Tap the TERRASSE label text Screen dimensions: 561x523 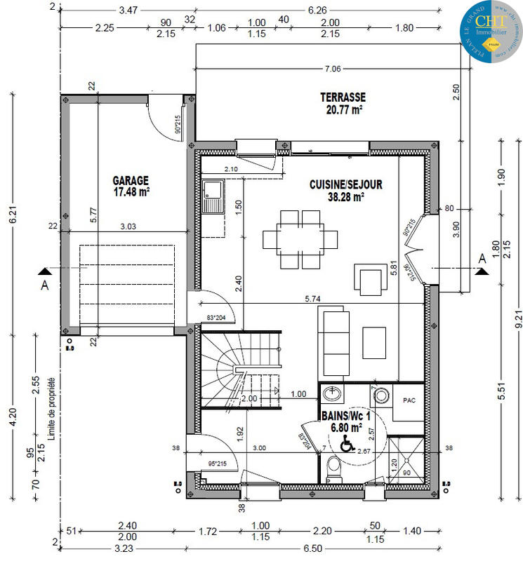point(343,97)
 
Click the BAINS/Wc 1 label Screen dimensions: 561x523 point(343,415)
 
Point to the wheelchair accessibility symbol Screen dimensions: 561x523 point(347,443)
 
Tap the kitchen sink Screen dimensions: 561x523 point(212,196)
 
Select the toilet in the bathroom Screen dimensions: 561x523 point(335,467)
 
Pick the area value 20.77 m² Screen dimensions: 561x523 point(343,109)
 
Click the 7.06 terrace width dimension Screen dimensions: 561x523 point(331,69)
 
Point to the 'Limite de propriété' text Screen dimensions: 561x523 point(53,407)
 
